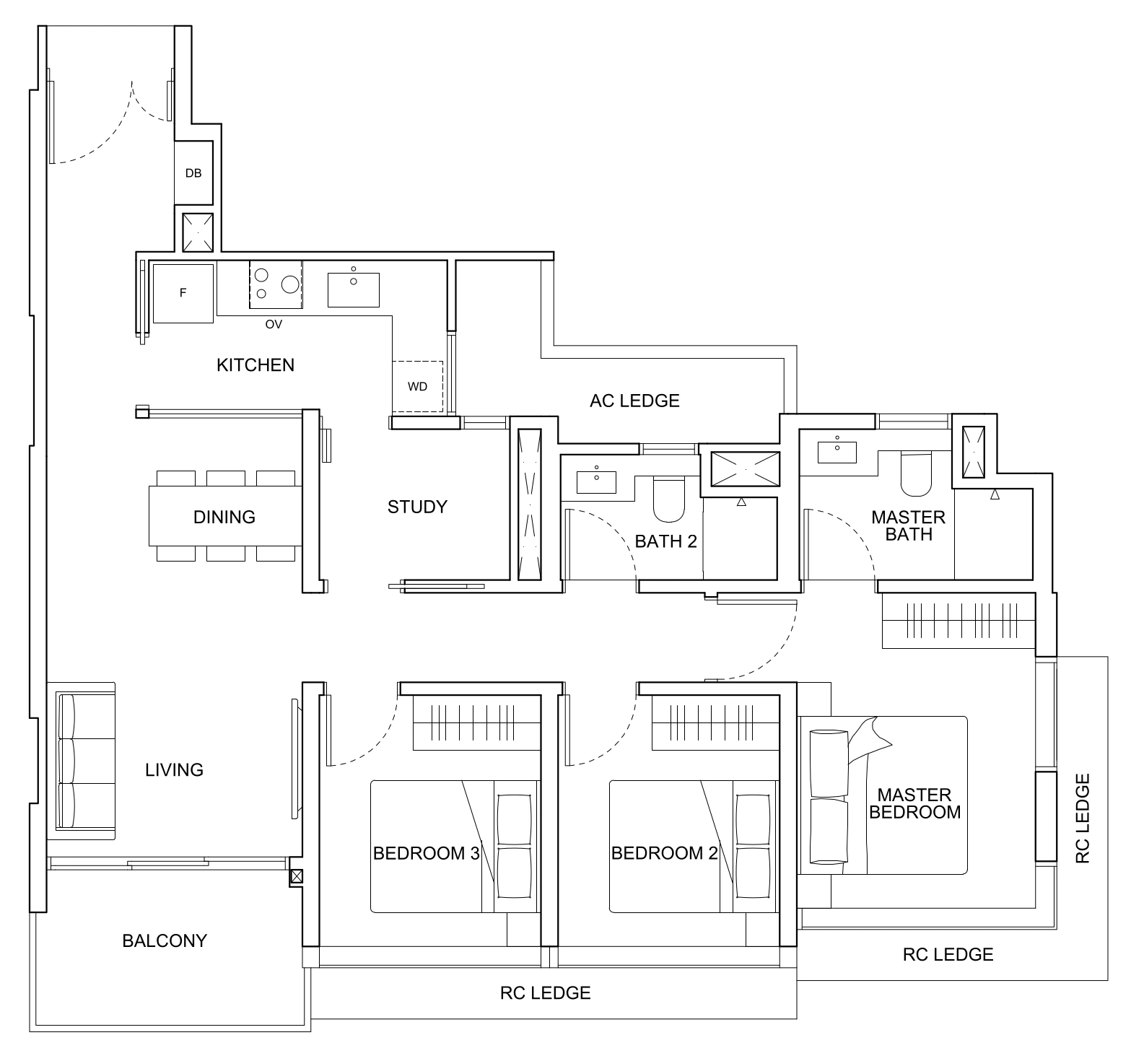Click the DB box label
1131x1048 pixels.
pyautogui.click(x=193, y=173)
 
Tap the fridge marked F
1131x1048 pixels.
pyautogui.click(x=183, y=293)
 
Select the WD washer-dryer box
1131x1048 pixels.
pyautogui.click(x=417, y=386)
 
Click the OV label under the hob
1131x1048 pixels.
pyautogui.click(x=274, y=325)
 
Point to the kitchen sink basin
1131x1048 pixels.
pyautogui.click(x=353, y=289)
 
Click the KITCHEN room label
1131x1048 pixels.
pyautogui.click(x=256, y=365)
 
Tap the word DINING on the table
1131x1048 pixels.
pyautogui.click(x=224, y=517)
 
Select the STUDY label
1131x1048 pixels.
pyautogui.click(x=417, y=507)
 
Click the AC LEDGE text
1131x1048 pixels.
pyautogui.click(x=634, y=401)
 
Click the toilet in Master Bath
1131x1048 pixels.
pyautogui.click(x=916, y=474)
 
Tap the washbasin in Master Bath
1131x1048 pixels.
pyautogui.click(x=837, y=452)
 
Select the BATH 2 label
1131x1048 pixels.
pyautogui.click(x=665, y=541)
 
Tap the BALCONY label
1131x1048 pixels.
pyautogui.click(x=165, y=940)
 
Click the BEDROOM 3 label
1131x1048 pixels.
pyautogui.click(x=426, y=854)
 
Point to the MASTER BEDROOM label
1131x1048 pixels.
pyautogui.click(x=914, y=803)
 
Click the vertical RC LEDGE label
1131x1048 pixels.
pyautogui.click(x=1082, y=818)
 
